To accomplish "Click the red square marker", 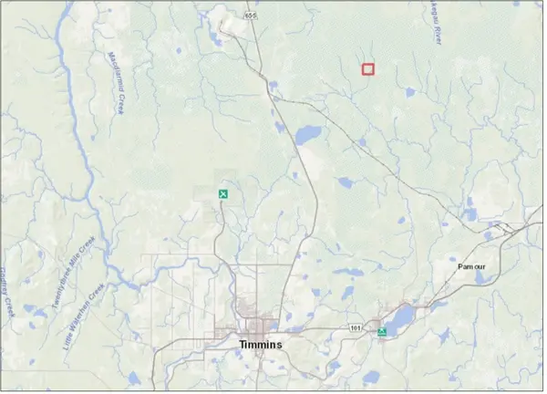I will (368, 69).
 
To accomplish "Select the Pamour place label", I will (471, 265).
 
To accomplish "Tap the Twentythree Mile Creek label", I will (72, 273).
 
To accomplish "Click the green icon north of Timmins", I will (222, 194).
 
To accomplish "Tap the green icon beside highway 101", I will (382, 332).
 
